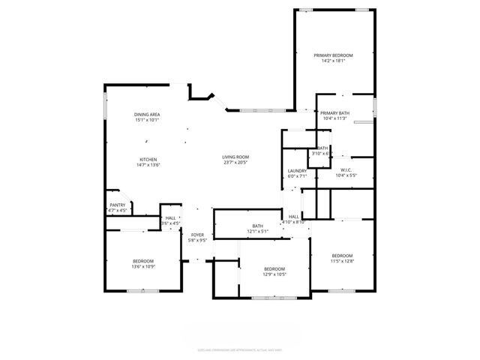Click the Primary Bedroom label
click(x=333, y=55)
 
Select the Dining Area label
click(x=147, y=114)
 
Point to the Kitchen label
click(x=148, y=159)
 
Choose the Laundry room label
click(x=297, y=171)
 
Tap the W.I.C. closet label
click(x=346, y=170)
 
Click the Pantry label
click(x=118, y=205)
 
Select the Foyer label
click(x=197, y=235)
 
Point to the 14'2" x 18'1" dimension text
click(x=333, y=61)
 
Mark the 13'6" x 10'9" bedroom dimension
click(x=143, y=267)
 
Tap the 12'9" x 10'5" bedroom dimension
click(x=274, y=274)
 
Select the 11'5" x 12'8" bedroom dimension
click(x=342, y=261)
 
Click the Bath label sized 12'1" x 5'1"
click(x=258, y=226)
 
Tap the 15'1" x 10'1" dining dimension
click(x=147, y=120)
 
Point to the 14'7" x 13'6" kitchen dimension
click(x=148, y=165)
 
